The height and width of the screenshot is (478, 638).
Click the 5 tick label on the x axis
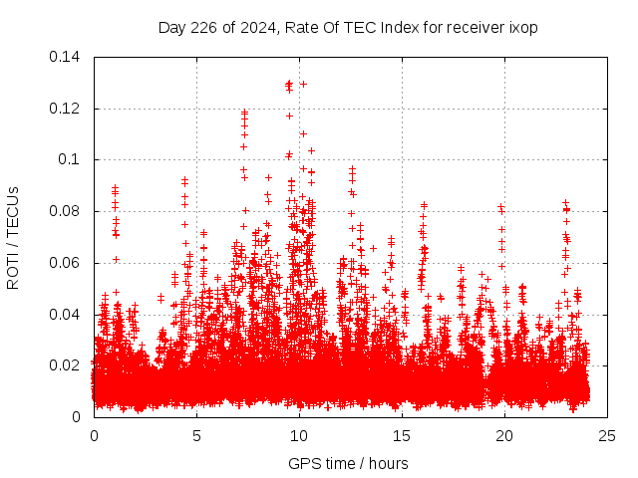pos(196,435)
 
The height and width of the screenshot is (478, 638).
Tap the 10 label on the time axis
pos(299,435)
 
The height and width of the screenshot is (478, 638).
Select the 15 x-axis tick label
pos(402,435)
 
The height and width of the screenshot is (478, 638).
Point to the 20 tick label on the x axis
pos(504,435)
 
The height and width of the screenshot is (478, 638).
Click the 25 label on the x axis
pos(607,435)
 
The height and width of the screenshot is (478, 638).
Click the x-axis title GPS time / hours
pos(348,463)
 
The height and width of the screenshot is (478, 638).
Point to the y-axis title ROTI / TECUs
pos(13,237)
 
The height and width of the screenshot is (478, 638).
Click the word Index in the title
pos(390,27)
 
